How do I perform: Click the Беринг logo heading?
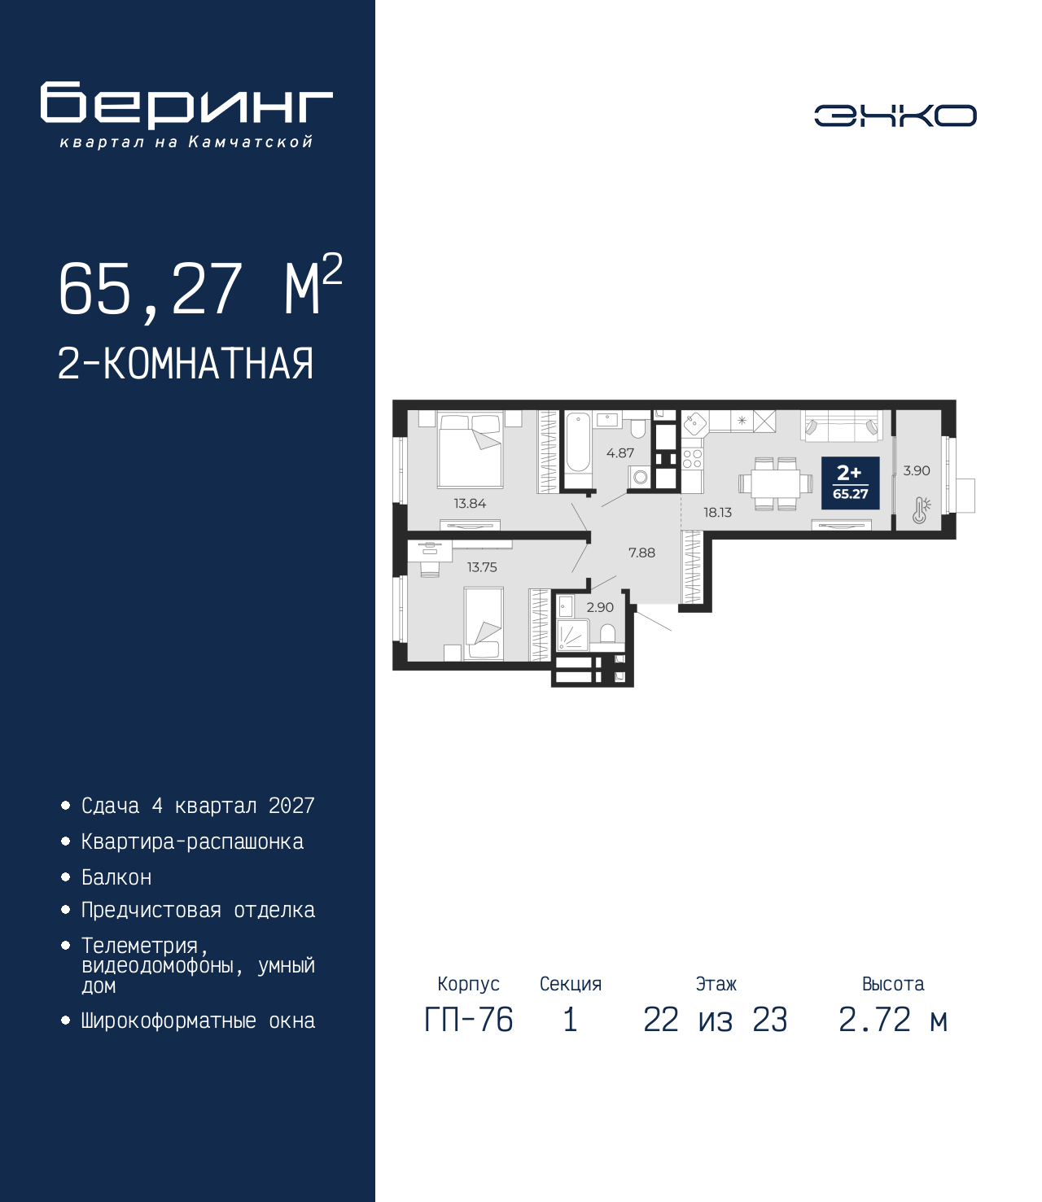186,105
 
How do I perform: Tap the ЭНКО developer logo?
895,115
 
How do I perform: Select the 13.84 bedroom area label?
470,504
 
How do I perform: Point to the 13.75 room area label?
482,567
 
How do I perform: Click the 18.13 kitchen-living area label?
717,513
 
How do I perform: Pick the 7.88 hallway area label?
641,553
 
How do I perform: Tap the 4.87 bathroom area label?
620,453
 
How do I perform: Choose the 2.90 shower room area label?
600,607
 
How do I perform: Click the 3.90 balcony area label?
917,470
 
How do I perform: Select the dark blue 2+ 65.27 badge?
850,483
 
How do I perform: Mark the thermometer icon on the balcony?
921,510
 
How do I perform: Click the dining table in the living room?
776,483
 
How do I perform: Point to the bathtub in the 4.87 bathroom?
578,450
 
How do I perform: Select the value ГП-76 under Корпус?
468,1020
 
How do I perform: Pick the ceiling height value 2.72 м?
893,1020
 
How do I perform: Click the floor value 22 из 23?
715,1020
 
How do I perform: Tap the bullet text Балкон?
116,877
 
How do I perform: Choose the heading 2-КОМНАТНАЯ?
186,364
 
